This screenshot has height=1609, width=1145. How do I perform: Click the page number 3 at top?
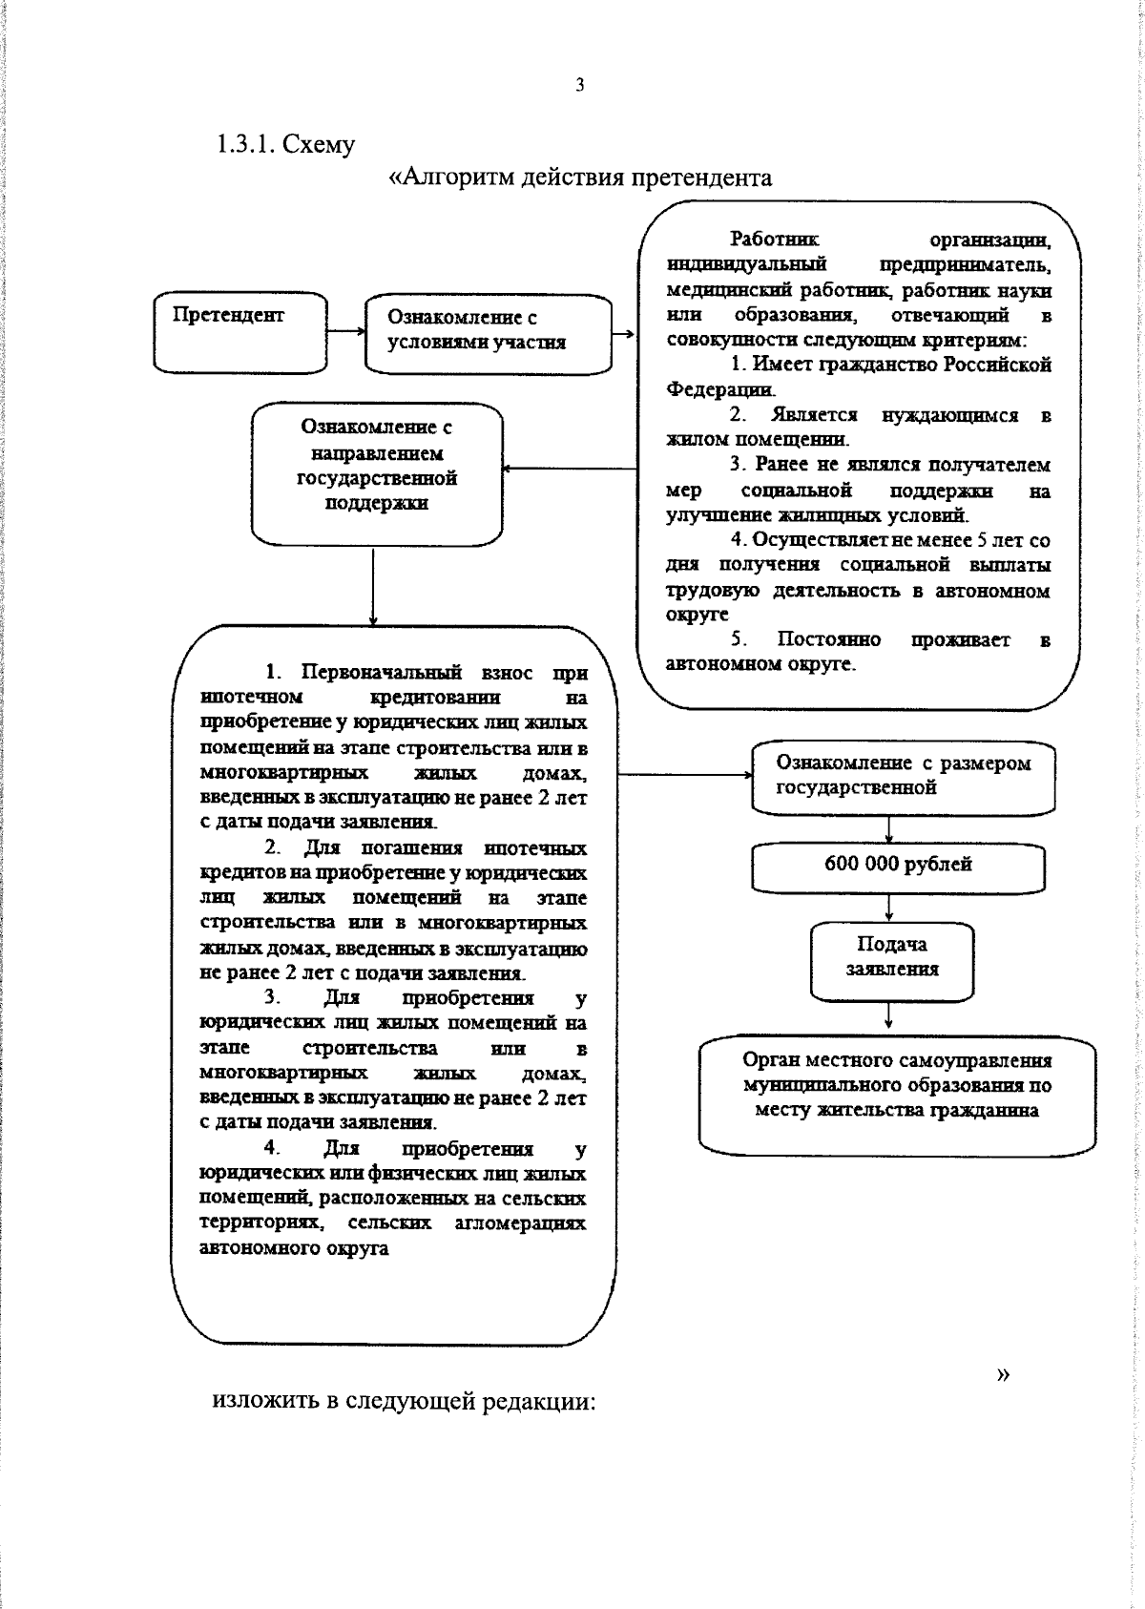(579, 86)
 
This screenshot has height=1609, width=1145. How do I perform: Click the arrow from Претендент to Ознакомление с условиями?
(346, 331)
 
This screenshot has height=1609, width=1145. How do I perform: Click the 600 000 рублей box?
(898, 866)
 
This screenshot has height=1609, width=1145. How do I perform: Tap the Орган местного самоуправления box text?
(897, 1086)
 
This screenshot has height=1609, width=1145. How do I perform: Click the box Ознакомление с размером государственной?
(903, 777)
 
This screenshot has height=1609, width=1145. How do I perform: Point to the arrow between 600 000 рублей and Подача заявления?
(889, 907)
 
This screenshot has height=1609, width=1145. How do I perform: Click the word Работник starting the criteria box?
(774, 239)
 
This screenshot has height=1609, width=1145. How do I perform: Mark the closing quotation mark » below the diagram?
(1002, 1374)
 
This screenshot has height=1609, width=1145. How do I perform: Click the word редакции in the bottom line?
(538, 1402)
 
